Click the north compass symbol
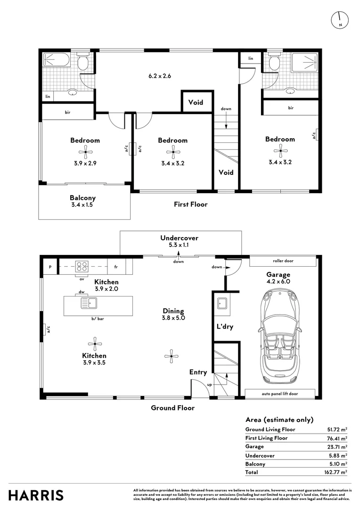(x=340, y=19)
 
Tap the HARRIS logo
(x=36, y=495)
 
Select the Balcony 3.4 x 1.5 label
(x=83, y=202)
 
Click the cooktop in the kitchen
(x=82, y=266)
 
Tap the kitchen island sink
(x=88, y=303)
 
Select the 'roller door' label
(x=283, y=261)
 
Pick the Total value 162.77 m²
(x=337, y=472)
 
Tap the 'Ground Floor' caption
(x=172, y=408)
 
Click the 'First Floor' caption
(x=190, y=205)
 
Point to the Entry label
(x=198, y=372)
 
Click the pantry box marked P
(x=49, y=266)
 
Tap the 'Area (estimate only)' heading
(x=279, y=420)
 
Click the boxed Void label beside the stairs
(x=196, y=102)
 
